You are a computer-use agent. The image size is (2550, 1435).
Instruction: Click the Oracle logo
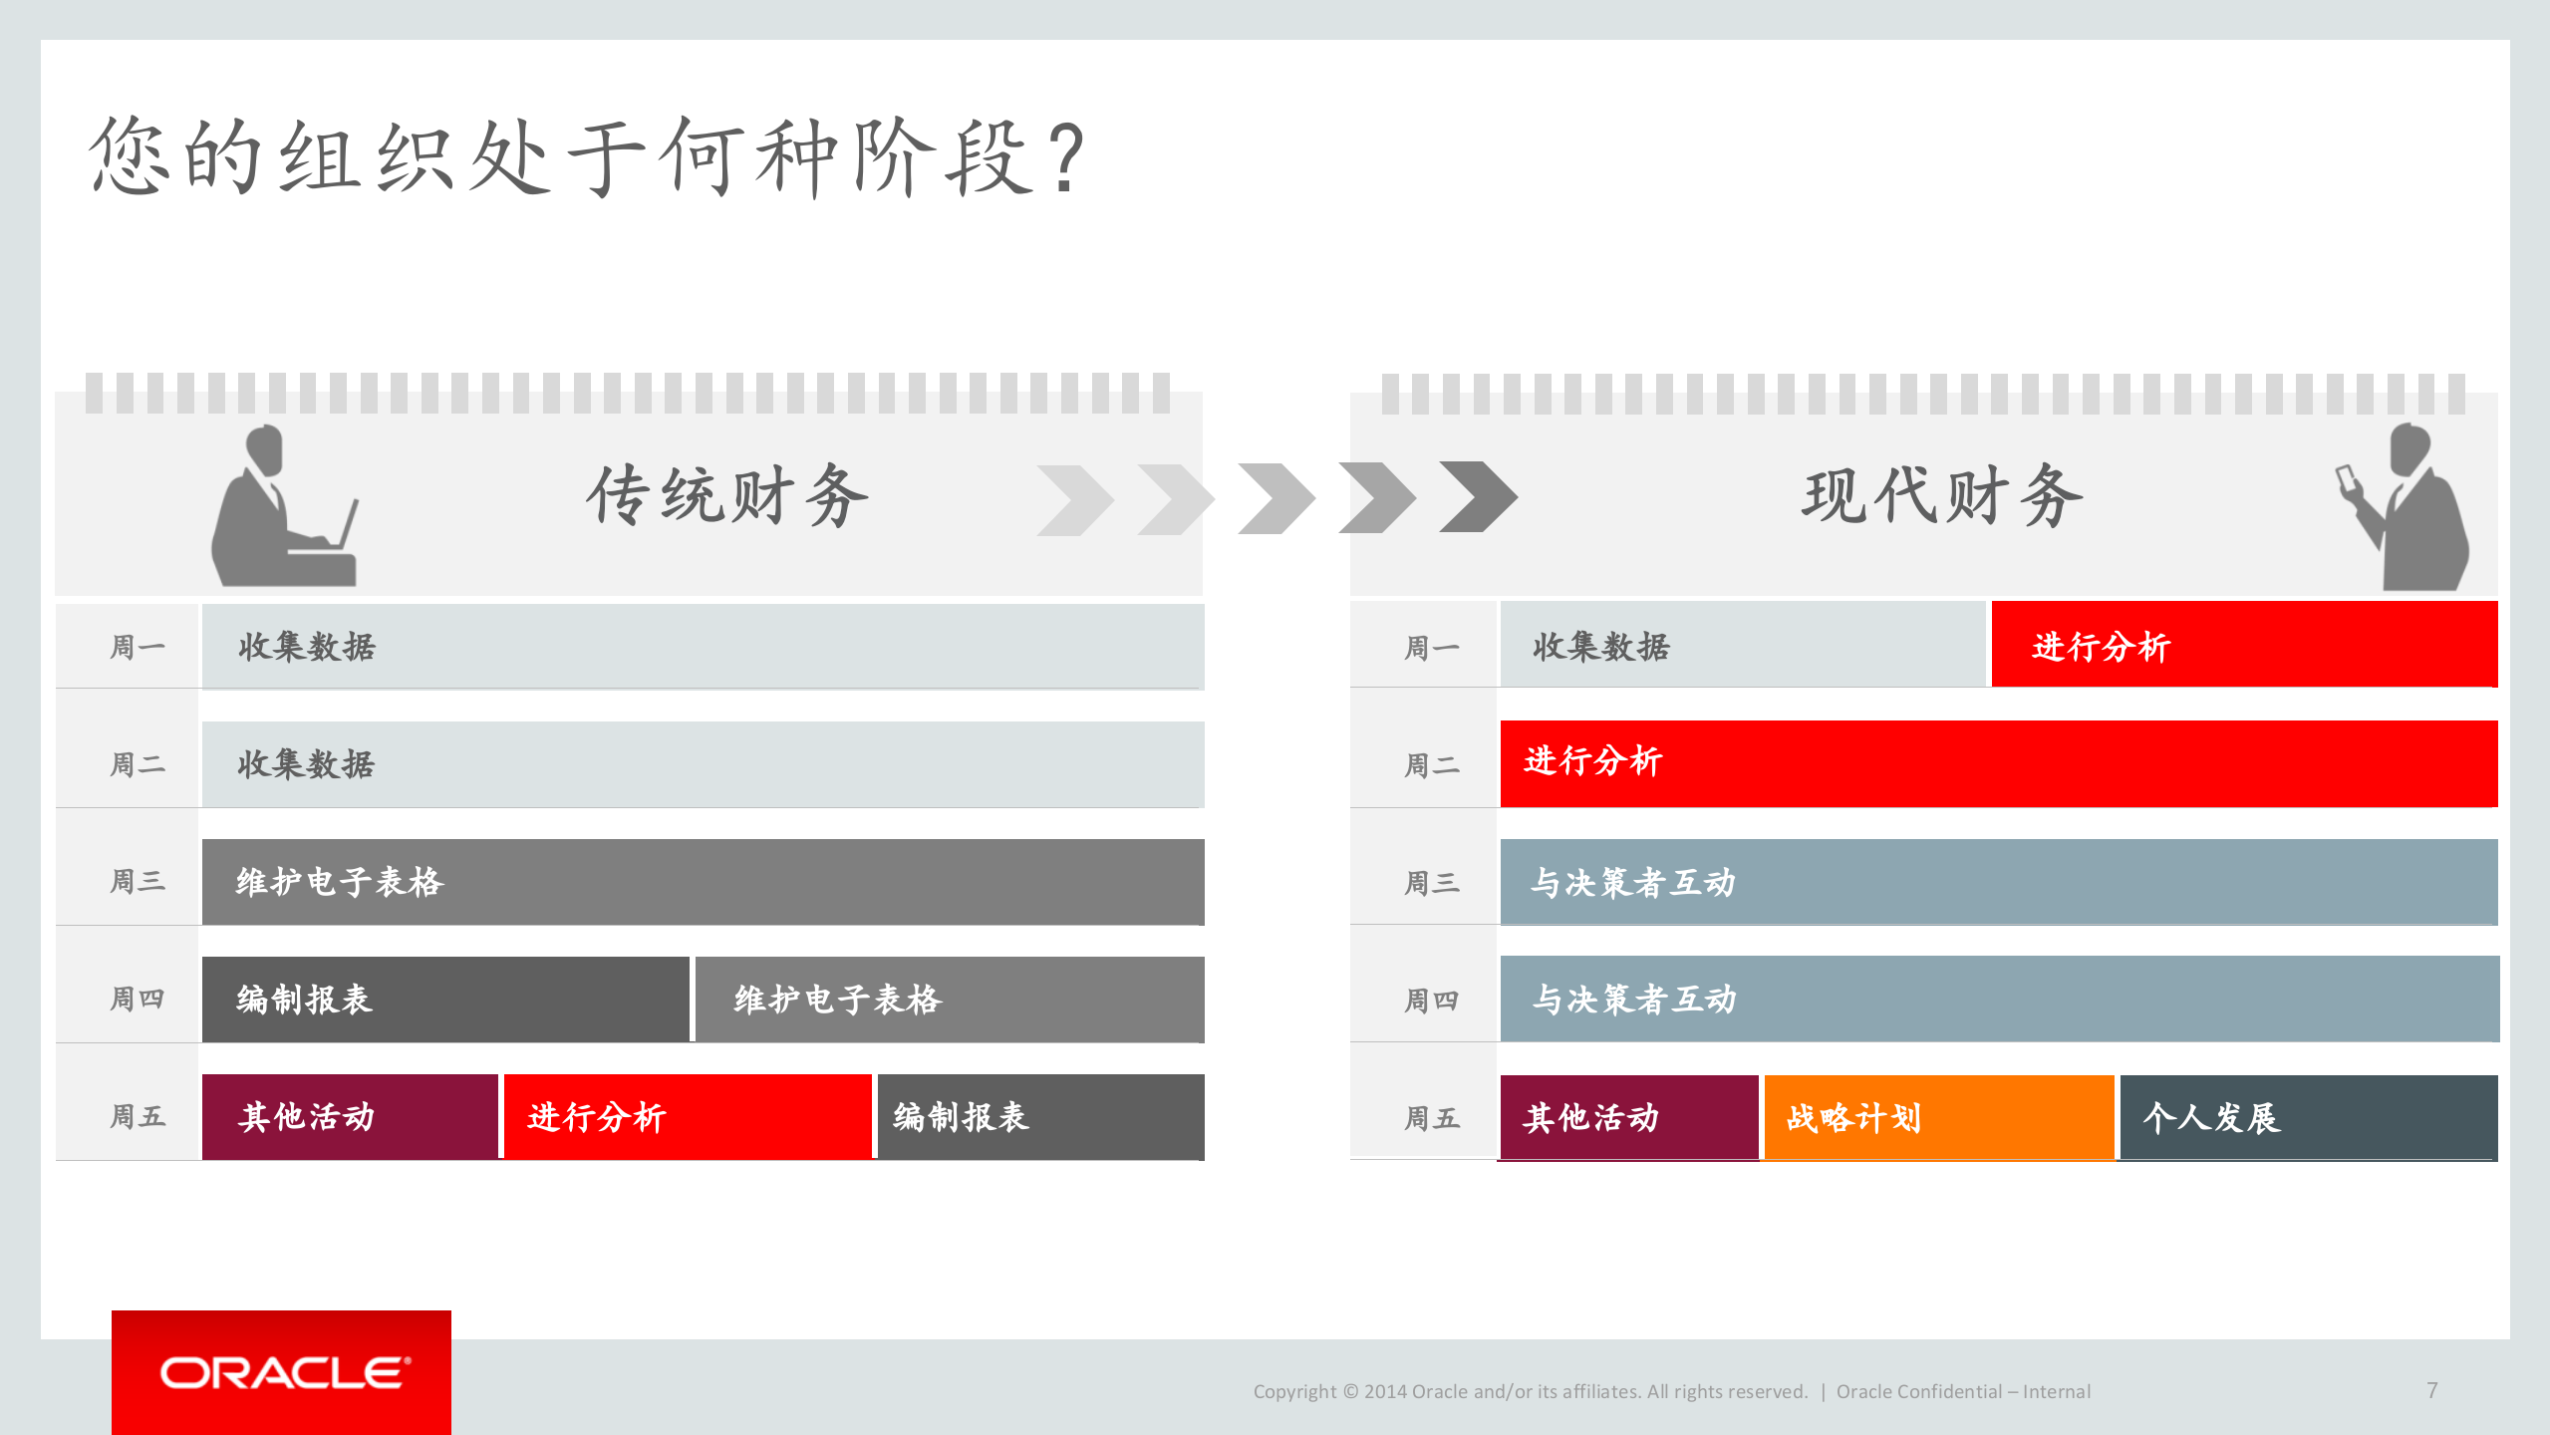click(x=282, y=1373)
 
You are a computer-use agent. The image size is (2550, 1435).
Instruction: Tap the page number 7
click(x=2431, y=1390)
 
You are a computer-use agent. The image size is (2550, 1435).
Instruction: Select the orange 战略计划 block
click(x=1938, y=1117)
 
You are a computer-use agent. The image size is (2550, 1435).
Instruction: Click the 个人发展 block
click(x=2307, y=1117)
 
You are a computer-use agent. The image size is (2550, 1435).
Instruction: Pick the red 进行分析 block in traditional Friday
click(x=688, y=1117)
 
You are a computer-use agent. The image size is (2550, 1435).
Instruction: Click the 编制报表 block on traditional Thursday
click(x=444, y=1000)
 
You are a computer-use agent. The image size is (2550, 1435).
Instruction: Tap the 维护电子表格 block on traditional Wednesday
click(x=703, y=882)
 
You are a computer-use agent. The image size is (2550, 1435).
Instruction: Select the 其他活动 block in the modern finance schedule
click(x=1628, y=1117)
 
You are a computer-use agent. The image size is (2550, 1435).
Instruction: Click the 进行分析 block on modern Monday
click(x=2243, y=645)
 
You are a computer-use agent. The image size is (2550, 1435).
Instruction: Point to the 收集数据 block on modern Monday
click(x=1742, y=645)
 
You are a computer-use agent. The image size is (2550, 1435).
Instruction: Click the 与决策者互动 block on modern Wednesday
click(x=1998, y=882)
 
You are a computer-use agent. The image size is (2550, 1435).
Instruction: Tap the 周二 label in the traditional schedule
click(x=138, y=764)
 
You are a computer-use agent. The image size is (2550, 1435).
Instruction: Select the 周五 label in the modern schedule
click(x=1432, y=1118)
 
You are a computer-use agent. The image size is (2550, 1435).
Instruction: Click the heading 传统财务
click(x=727, y=495)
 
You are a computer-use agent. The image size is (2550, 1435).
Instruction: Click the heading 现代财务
click(x=1942, y=495)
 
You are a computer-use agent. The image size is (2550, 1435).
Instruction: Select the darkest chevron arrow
click(x=1479, y=496)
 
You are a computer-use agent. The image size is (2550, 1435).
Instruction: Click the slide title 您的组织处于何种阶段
click(x=588, y=157)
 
